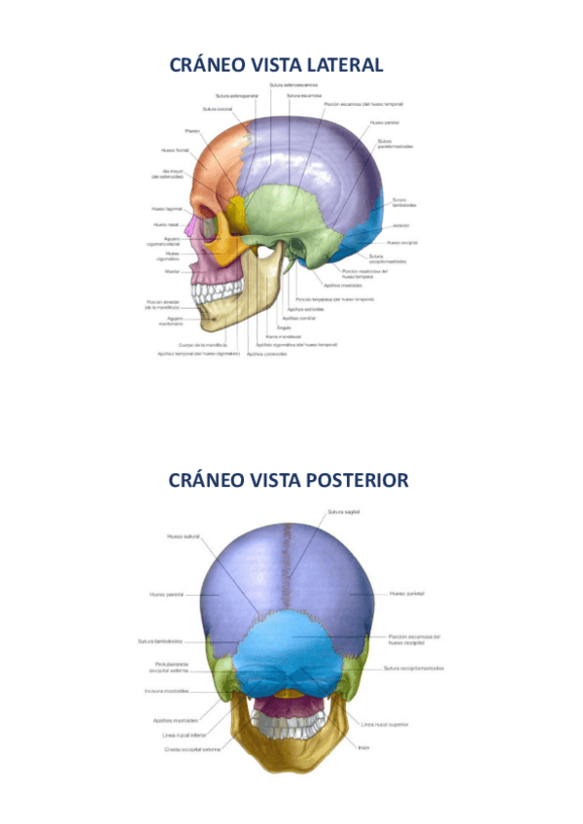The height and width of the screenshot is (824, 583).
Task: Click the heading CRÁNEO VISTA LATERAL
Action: point(277,65)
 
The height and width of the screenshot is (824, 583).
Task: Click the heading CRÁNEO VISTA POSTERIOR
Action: point(289,481)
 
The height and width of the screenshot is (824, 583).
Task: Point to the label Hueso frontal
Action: point(175,150)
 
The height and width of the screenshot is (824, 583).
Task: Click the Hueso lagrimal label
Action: point(167,209)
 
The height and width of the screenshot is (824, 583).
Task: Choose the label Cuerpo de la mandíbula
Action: point(203,344)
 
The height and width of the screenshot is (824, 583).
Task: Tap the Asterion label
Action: point(401,225)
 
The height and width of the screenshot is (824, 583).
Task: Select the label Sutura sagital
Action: point(343,513)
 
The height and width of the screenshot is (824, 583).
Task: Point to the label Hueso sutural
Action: point(184,535)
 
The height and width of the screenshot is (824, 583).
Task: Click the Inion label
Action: point(363,747)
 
